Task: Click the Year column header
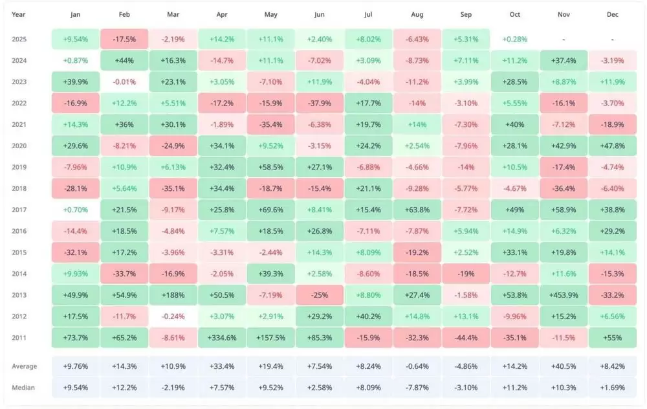point(19,14)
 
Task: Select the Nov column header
point(564,14)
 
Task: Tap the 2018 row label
point(19,188)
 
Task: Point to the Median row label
point(23,388)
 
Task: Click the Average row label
point(25,366)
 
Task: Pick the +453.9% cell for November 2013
point(564,295)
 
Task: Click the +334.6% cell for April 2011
point(222,338)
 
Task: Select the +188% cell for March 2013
point(173,295)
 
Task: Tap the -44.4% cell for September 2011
point(466,338)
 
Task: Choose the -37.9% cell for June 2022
point(320,103)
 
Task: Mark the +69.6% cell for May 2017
point(271,210)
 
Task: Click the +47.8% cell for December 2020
point(612,146)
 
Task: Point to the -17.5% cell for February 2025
point(124,39)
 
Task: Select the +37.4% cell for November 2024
point(564,60)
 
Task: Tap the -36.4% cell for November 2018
point(564,188)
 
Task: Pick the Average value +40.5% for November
point(564,366)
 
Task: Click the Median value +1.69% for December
point(612,388)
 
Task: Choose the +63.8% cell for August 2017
point(417,210)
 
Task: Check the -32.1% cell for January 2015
point(76,252)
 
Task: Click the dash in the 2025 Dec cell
point(612,39)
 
